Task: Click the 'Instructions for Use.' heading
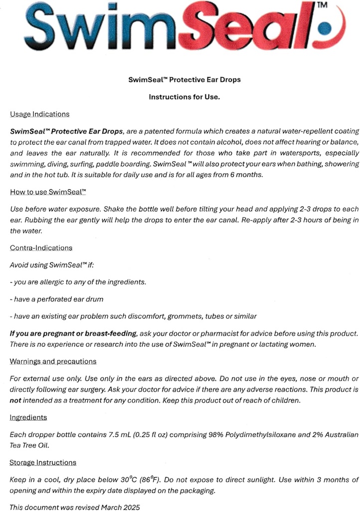184,97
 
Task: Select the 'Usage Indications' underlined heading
39,114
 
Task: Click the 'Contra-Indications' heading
41,248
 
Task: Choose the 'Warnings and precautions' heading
53,361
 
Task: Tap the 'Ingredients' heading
28,418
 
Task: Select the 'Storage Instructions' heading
43,463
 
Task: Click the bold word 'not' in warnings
15,400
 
